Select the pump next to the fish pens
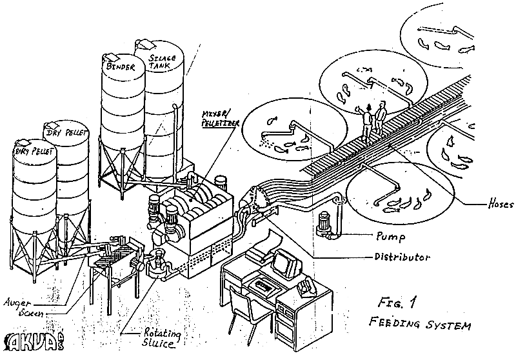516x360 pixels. (x=323, y=226)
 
